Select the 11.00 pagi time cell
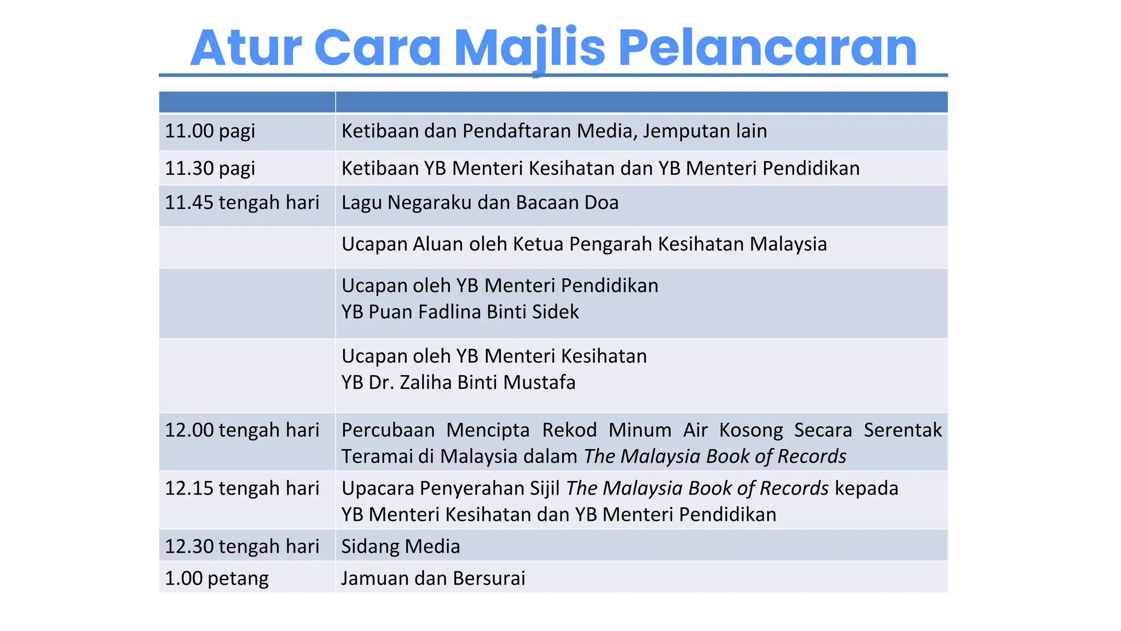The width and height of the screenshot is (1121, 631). (210, 131)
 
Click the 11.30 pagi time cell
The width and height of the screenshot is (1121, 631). (210, 169)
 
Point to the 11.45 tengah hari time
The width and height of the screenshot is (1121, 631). (242, 203)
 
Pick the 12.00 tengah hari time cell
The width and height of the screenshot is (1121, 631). (242, 431)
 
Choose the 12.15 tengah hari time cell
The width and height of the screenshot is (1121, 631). (242, 489)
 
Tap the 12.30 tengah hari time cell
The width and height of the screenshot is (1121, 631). (242, 547)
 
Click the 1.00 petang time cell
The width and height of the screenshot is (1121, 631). (217, 578)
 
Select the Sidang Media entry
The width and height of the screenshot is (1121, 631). (401, 547)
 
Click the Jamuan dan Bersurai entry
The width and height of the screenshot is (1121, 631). (433, 578)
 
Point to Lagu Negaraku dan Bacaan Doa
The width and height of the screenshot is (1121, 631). (480, 203)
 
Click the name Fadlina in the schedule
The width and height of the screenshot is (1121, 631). (449, 312)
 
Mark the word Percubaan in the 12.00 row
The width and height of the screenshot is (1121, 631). (388, 431)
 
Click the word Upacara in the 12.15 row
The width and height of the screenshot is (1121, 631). (377, 489)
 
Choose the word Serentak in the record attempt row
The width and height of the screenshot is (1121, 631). (903, 431)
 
